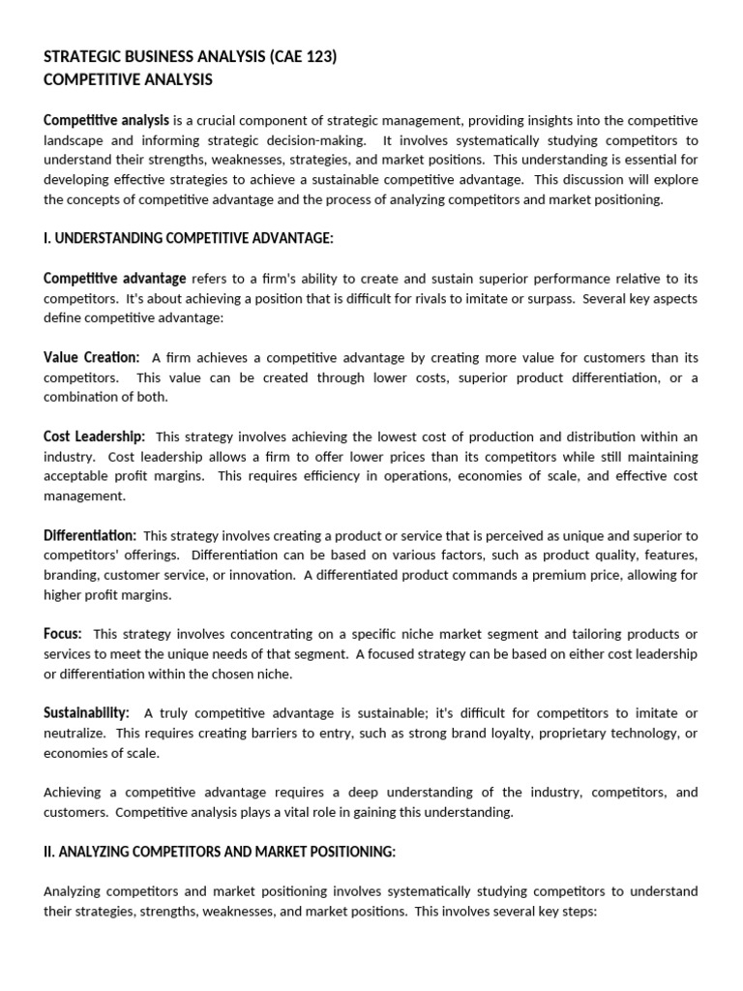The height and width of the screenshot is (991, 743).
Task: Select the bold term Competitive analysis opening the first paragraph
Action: click(x=106, y=120)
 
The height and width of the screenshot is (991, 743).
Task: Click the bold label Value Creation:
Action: click(x=92, y=358)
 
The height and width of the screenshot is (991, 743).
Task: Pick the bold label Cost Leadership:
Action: click(x=95, y=436)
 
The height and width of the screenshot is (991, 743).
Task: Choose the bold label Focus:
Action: click(x=63, y=634)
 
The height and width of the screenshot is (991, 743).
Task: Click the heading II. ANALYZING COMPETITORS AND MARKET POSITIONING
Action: click(x=220, y=852)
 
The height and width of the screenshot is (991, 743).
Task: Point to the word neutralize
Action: click(x=74, y=734)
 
